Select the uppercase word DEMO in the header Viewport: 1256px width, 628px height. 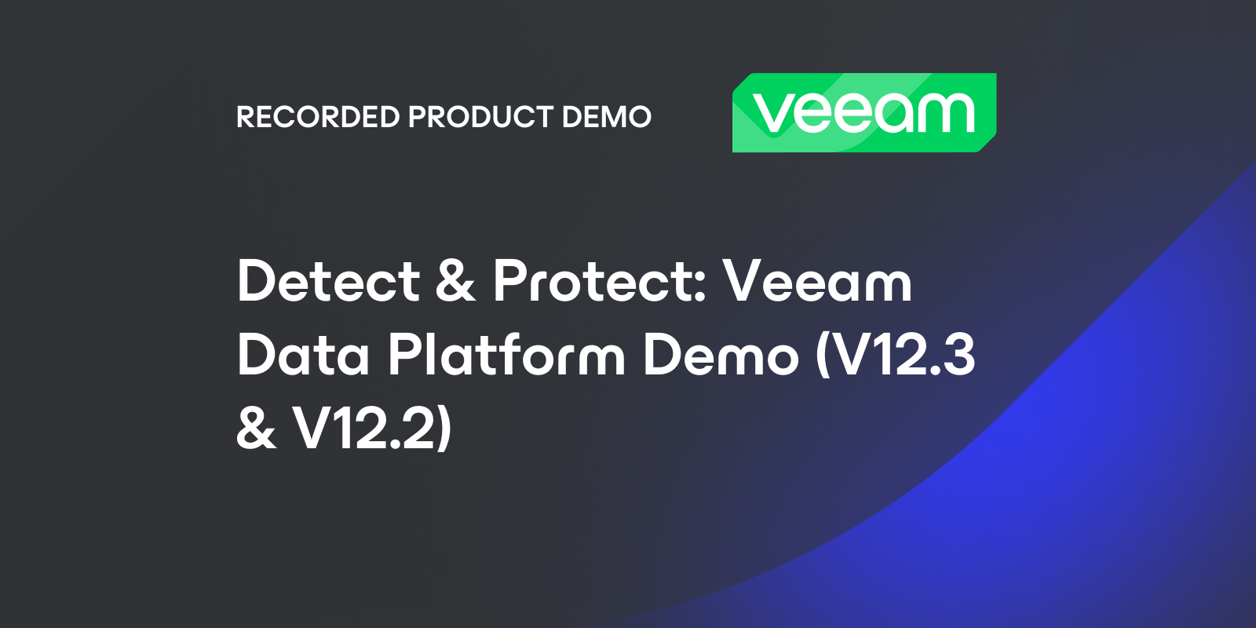(606, 117)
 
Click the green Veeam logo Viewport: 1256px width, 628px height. (863, 112)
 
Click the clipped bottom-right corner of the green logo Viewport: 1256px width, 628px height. (988, 145)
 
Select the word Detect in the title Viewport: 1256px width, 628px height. (329, 282)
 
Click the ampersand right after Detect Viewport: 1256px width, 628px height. (456, 282)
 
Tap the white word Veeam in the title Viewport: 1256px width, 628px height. (817, 282)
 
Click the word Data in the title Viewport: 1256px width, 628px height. (303, 356)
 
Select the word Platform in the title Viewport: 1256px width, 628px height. (506, 356)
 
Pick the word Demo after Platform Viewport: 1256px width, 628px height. (721, 356)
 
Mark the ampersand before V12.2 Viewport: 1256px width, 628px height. (256, 429)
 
